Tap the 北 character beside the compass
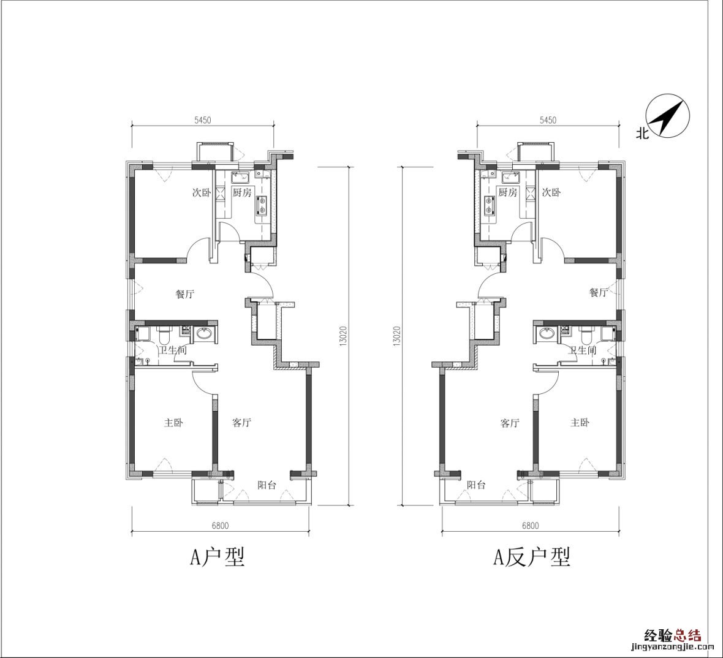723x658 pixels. (642, 134)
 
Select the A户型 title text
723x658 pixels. (218, 556)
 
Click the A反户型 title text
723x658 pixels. (532, 556)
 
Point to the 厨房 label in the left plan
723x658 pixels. (241, 192)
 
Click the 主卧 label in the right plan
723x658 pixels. (580, 422)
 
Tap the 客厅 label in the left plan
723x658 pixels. (241, 422)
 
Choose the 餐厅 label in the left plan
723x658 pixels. (185, 293)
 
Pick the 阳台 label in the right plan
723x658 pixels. (476, 485)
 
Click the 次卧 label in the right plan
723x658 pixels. (551, 192)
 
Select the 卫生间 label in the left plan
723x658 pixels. (173, 350)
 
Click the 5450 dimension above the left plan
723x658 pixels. (202, 120)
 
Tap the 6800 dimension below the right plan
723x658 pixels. (530, 525)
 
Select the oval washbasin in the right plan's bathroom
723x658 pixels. (547, 333)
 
